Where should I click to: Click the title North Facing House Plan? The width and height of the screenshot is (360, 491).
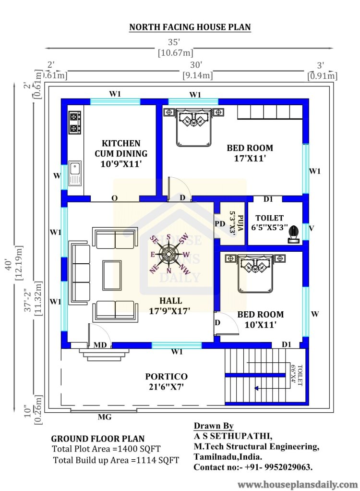[190, 27]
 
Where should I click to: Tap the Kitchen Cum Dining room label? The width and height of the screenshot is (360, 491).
[121, 153]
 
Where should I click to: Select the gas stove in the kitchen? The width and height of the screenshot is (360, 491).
[75, 123]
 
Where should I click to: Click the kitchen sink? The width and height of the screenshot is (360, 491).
[75, 173]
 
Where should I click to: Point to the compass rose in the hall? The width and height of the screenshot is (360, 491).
[169, 254]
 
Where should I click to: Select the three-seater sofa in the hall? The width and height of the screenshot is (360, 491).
[80, 273]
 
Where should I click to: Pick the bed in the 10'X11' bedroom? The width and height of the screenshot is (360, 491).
[255, 273]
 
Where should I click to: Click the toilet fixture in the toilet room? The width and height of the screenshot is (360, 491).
[293, 234]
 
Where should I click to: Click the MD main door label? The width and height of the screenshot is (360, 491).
[100, 345]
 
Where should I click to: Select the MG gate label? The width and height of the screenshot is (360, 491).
[105, 417]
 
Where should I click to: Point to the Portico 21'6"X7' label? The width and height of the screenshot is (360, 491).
[167, 381]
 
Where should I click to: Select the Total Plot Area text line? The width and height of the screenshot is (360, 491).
[106, 449]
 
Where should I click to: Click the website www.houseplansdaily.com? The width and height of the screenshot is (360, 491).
[298, 484]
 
